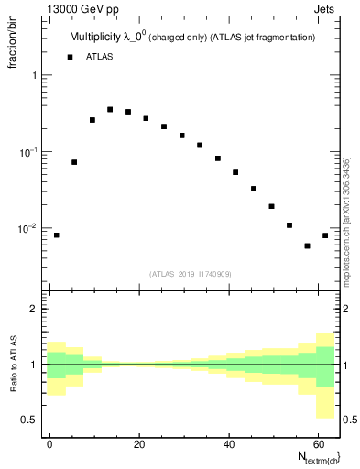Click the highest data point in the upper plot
point(110,109)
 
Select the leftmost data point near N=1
point(57,235)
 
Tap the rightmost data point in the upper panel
point(325,235)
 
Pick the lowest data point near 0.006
point(308,245)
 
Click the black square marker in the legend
point(70,57)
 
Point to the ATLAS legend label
point(100,57)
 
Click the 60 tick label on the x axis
point(317,442)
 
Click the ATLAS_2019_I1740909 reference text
point(191,273)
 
